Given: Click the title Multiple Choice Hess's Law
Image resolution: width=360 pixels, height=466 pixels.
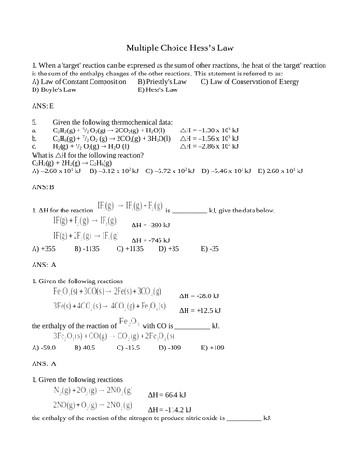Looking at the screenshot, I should [180, 48].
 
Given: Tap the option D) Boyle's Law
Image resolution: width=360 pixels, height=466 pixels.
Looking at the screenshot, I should [57, 89].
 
